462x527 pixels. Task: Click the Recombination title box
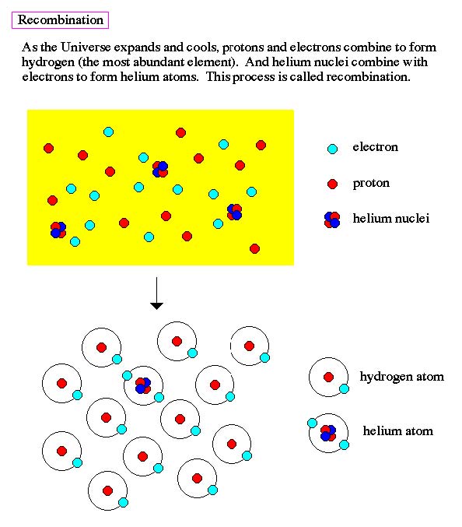click(x=60, y=20)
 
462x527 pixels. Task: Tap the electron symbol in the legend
click(x=332, y=149)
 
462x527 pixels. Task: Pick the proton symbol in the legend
click(x=332, y=184)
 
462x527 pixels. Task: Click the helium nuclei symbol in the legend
click(x=332, y=220)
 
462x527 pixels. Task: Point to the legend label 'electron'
click(x=376, y=147)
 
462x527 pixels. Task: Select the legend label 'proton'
click(x=371, y=184)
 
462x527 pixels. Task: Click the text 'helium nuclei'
click(x=390, y=219)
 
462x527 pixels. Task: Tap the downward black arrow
click(x=156, y=293)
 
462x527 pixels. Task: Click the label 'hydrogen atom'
click(x=402, y=377)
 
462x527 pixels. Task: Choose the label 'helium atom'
click(x=398, y=431)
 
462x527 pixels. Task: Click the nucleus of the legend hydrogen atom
click(x=328, y=377)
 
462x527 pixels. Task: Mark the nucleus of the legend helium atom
click(x=328, y=433)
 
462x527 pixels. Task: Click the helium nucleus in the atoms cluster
click(x=143, y=385)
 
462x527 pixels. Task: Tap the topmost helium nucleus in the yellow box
click(x=160, y=169)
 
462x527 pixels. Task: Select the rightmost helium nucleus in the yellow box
click(x=234, y=212)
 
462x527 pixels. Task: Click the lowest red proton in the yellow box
click(x=254, y=249)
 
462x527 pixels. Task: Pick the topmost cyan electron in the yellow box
click(x=108, y=132)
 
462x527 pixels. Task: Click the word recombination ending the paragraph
click(x=368, y=77)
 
